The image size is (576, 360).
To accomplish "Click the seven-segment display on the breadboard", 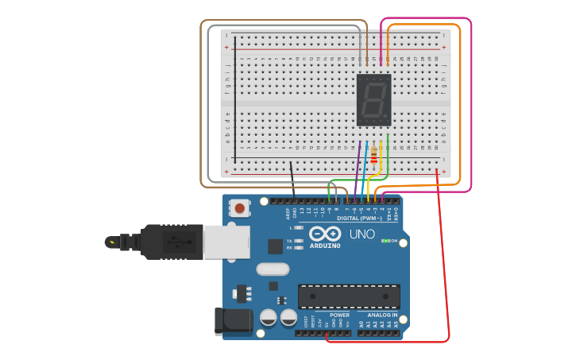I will [x=374, y=100].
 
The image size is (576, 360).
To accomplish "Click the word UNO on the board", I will [x=362, y=234].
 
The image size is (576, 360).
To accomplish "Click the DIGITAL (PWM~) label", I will [x=358, y=218].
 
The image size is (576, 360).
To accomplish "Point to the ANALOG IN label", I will [x=382, y=315].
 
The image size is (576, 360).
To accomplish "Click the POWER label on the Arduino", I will [x=339, y=315].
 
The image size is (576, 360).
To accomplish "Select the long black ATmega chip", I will [x=349, y=296].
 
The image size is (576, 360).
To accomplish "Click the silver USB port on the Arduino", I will [x=226, y=242].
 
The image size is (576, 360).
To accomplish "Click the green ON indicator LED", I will [x=385, y=241].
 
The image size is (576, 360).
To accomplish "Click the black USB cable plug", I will [x=172, y=241].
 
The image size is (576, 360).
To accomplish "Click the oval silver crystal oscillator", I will [x=272, y=269].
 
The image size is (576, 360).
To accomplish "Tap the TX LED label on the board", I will [x=289, y=240].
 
